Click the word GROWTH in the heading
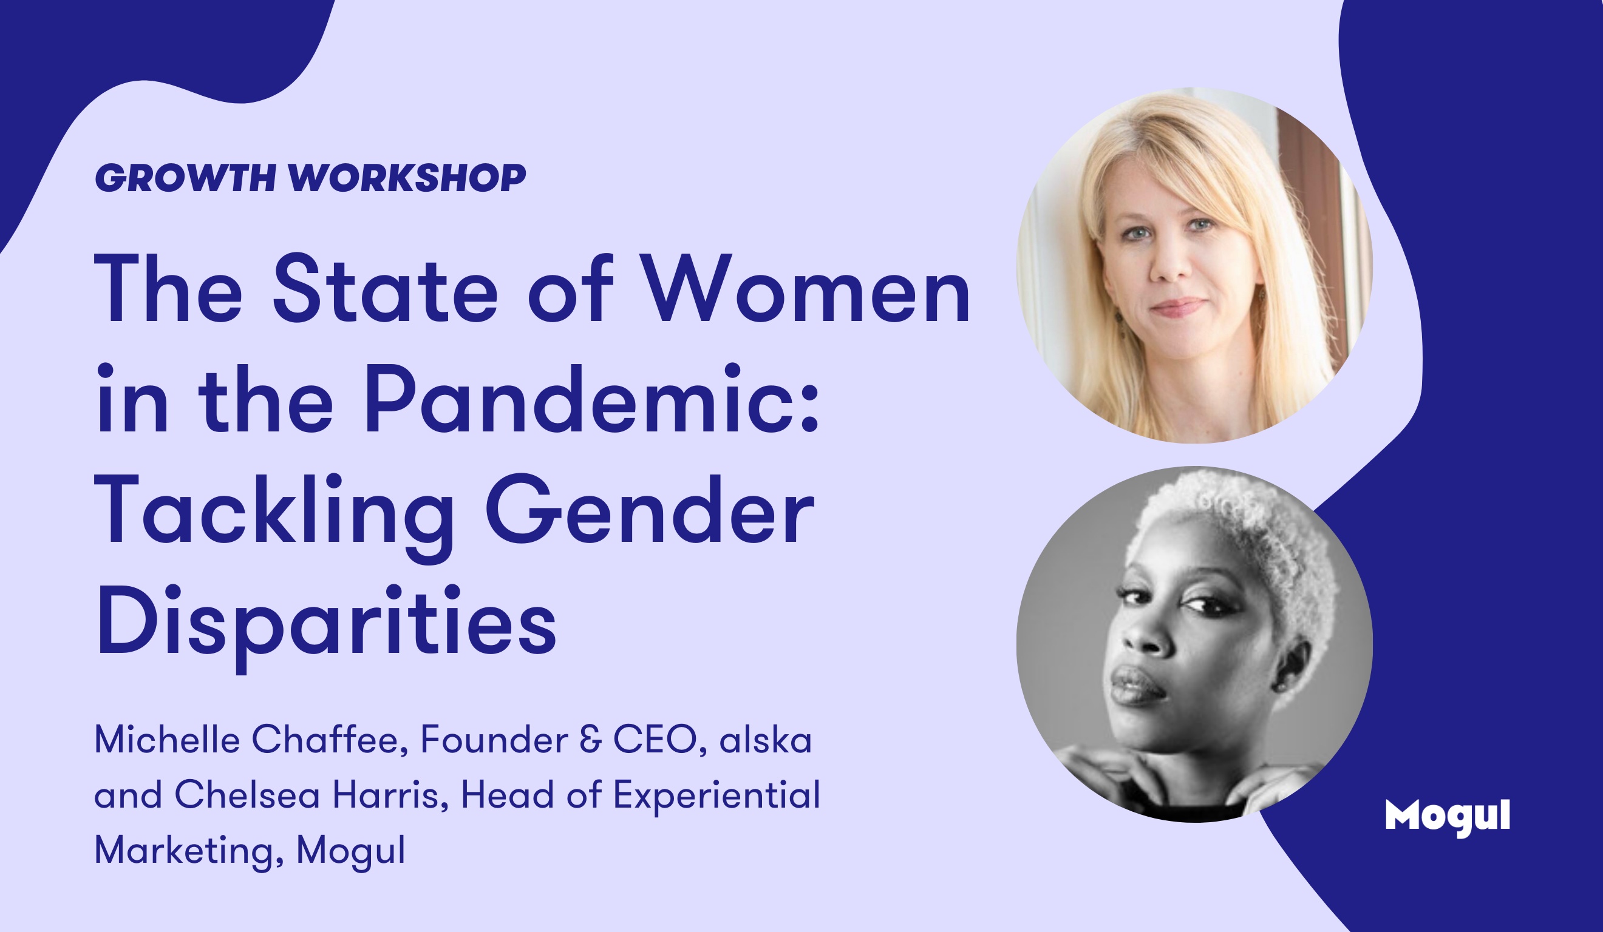(185, 177)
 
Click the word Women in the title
(805, 289)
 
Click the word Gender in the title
(650, 508)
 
